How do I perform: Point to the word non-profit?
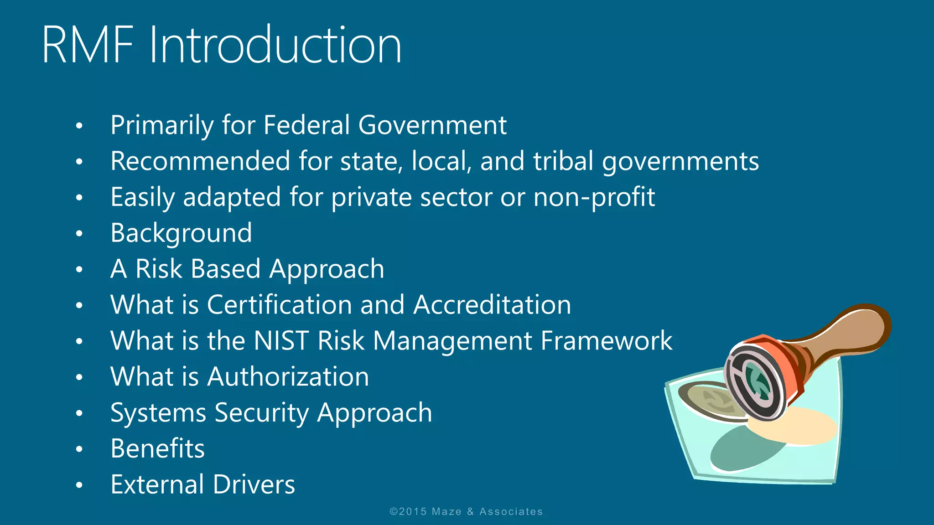(594, 197)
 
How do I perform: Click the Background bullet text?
(181, 233)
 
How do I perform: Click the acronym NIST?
(281, 341)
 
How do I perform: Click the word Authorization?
(288, 377)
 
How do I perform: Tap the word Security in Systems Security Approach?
(261, 413)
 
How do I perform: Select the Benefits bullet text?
(157, 448)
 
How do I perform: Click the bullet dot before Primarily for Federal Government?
(79, 126)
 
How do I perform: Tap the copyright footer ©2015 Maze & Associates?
(466, 512)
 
